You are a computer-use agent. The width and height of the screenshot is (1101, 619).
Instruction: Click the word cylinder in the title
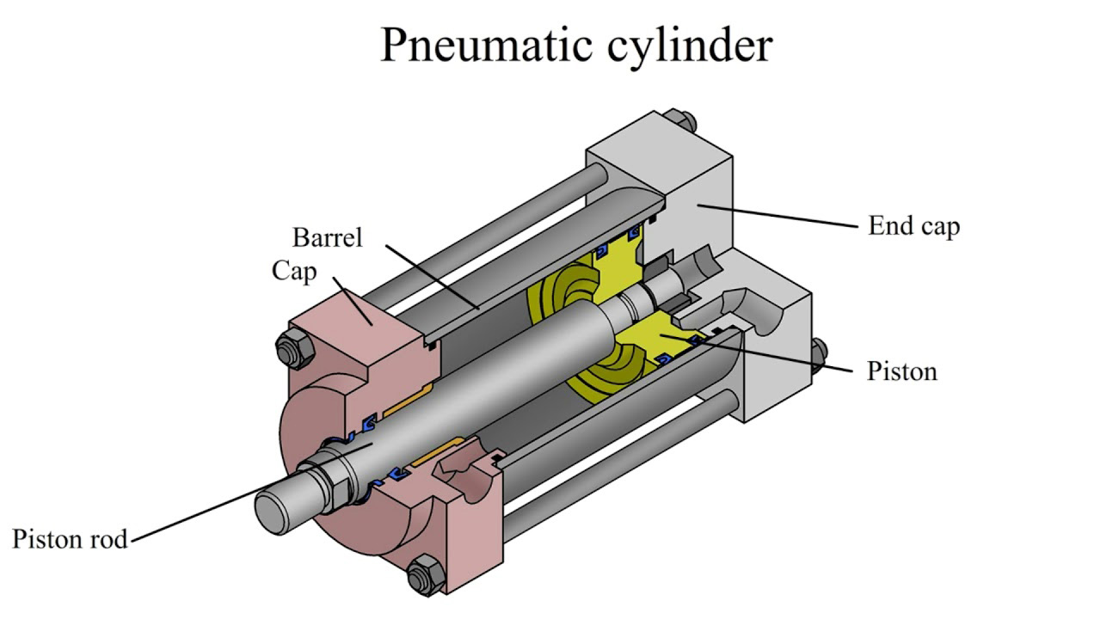click(x=690, y=46)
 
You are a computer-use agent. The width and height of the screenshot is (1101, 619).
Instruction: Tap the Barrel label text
click(x=328, y=237)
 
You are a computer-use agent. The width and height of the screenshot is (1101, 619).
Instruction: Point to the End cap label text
click(x=913, y=226)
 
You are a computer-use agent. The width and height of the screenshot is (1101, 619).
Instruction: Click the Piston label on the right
click(x=902, y=371)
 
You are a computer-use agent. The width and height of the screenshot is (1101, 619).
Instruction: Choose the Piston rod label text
click(x=70, y=539)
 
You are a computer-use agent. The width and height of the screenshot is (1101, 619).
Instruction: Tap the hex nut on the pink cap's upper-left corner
click(x=294, y=346)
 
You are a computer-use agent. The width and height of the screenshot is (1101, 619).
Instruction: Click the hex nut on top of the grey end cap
click(x=680, y=121)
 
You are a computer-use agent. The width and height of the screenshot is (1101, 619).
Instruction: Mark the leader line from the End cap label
click(x=778, y=216)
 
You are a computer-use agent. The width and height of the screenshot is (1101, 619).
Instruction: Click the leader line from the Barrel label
click(x=433, y=277)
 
